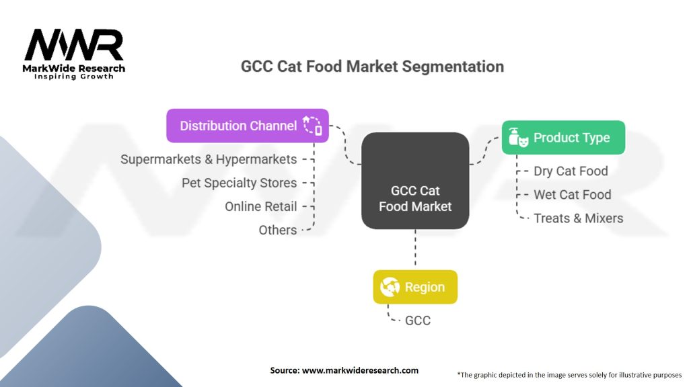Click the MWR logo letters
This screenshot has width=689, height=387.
pos(74,45)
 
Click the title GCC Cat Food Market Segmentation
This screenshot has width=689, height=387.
pos(372,67)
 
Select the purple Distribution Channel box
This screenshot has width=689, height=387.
pos(248,126)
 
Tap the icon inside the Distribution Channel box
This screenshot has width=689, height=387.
pos(312,126)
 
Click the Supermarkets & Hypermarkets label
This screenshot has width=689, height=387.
pos(209,159)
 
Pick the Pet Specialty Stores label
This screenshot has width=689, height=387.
pos(239,183)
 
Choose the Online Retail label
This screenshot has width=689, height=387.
pos(261,206)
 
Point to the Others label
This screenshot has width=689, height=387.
pos(278,230)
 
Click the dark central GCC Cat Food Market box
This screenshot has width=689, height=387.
pos(415,181)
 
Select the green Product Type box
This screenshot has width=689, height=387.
pos(563,137)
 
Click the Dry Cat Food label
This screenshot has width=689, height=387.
pos(571,171)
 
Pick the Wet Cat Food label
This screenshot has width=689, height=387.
pos(573,195)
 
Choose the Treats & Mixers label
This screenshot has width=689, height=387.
pos(578,218)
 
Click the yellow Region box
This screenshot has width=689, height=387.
pos(415,287)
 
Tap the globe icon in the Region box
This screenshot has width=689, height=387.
pos(390,287)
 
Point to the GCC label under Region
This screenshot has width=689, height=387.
pos(417,320)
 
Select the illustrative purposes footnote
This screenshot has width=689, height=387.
pos(569,375)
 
